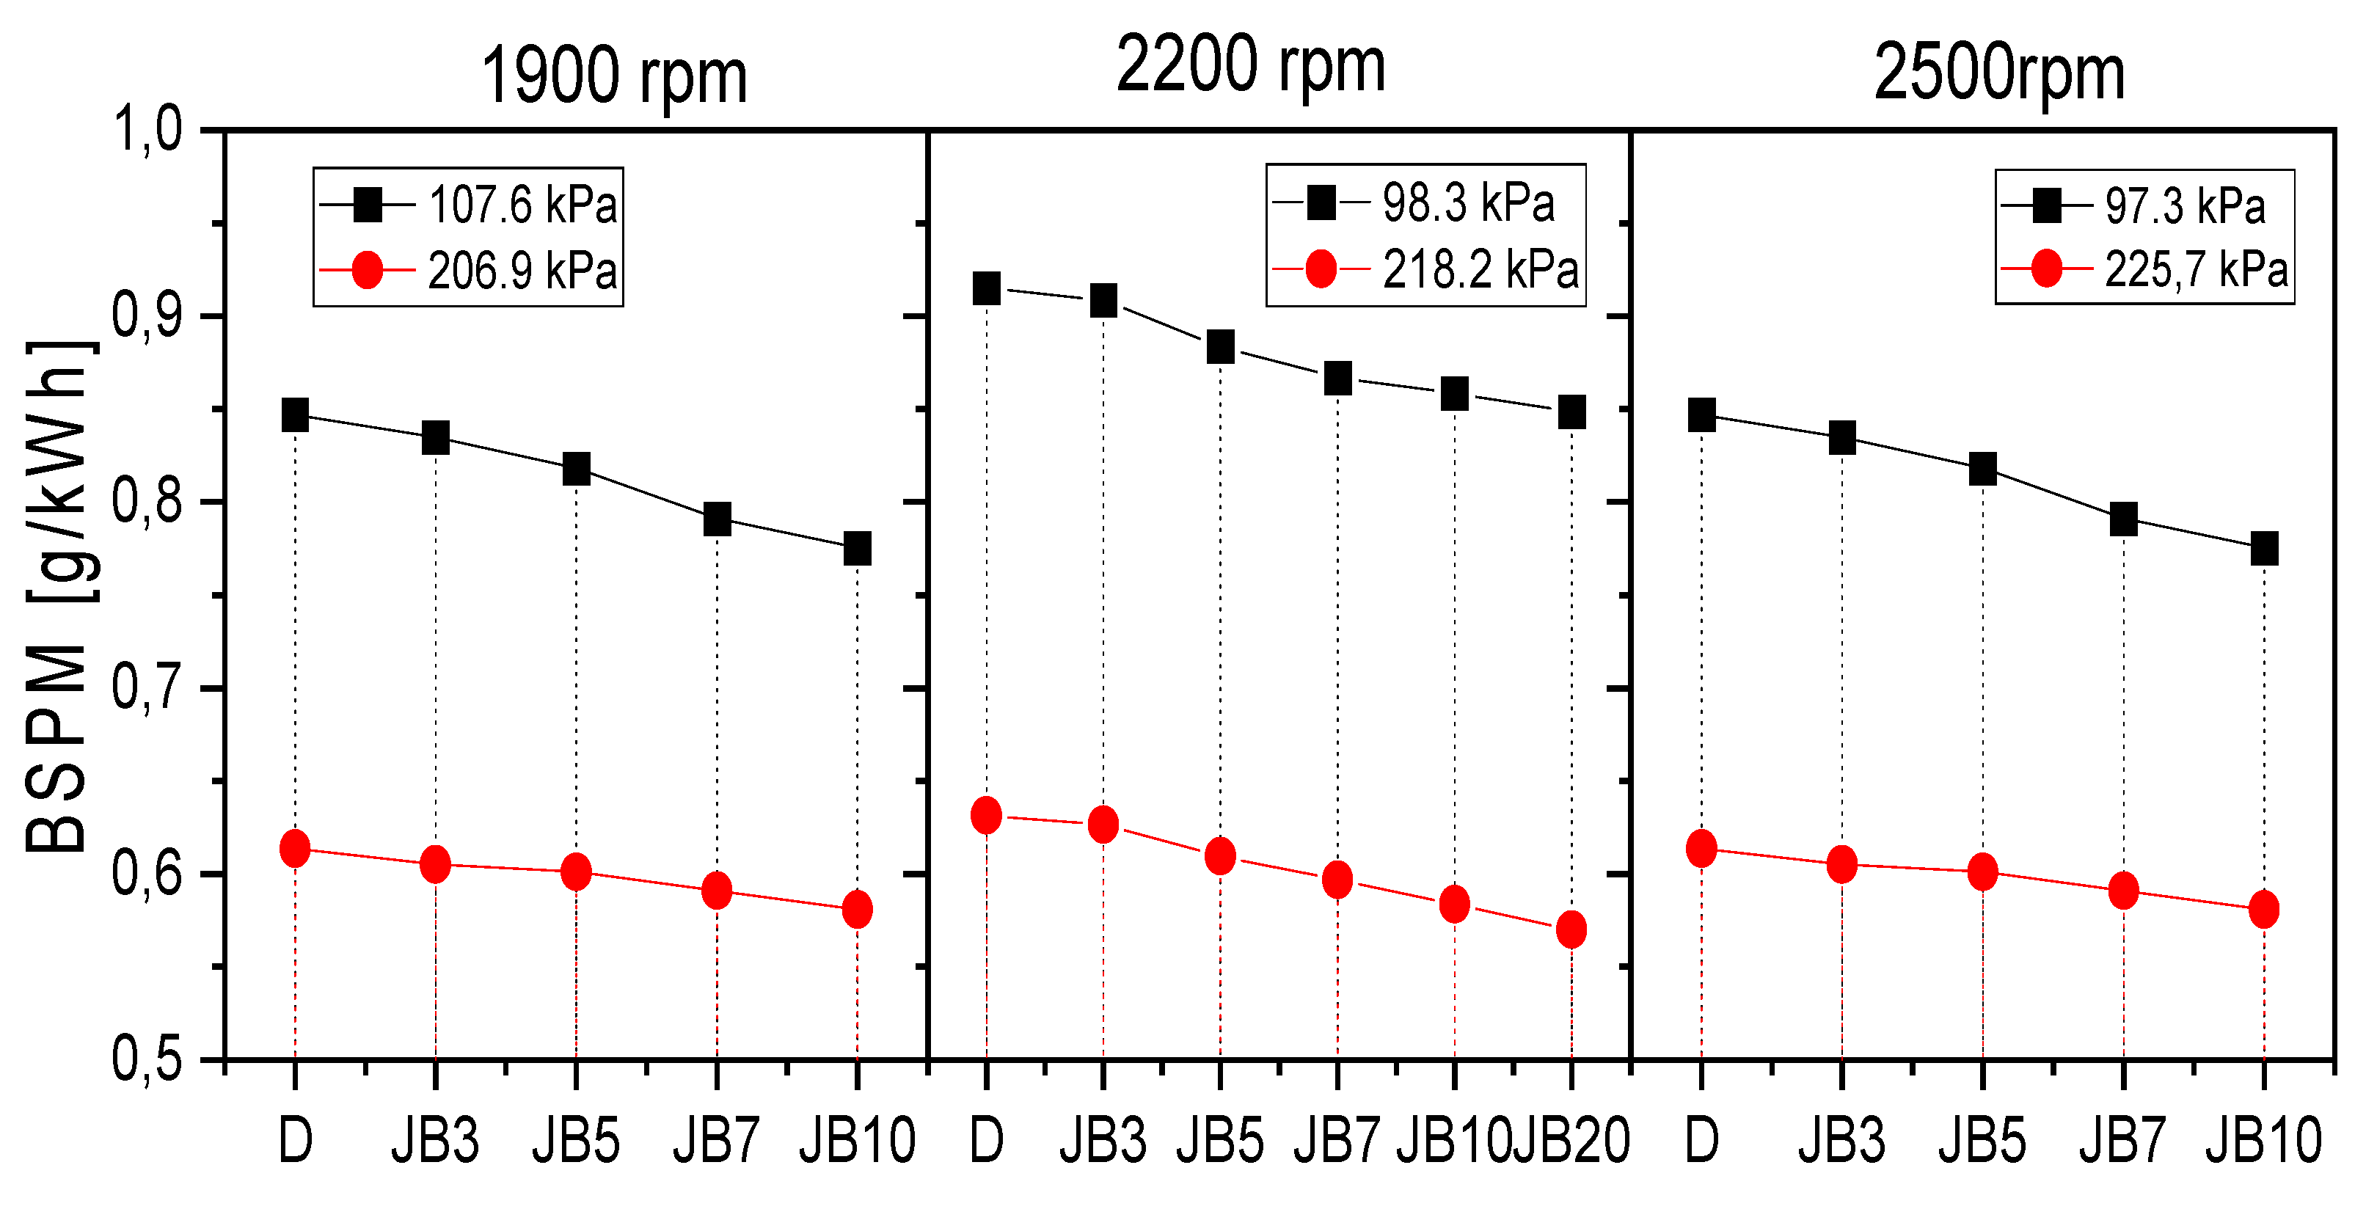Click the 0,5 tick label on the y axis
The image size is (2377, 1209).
tap(146, 1059)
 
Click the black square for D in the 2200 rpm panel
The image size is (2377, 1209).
tap(987, 289)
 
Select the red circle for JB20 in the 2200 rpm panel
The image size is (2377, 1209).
tap(1571, 929)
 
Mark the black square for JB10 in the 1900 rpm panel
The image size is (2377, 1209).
tap(857, 548)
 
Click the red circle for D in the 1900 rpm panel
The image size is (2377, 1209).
tap(294, 848)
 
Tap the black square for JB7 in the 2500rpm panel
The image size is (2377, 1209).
tap(2123, 519)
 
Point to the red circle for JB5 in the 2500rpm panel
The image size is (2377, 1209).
tap(1982, 872)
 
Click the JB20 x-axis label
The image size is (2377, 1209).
tap(1571, 1141)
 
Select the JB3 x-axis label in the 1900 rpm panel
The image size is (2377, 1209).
tap(434, 1141)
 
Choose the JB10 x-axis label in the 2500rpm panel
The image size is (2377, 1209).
tap(2263, 1141)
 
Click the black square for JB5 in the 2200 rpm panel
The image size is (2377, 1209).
tap(1221, 347)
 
